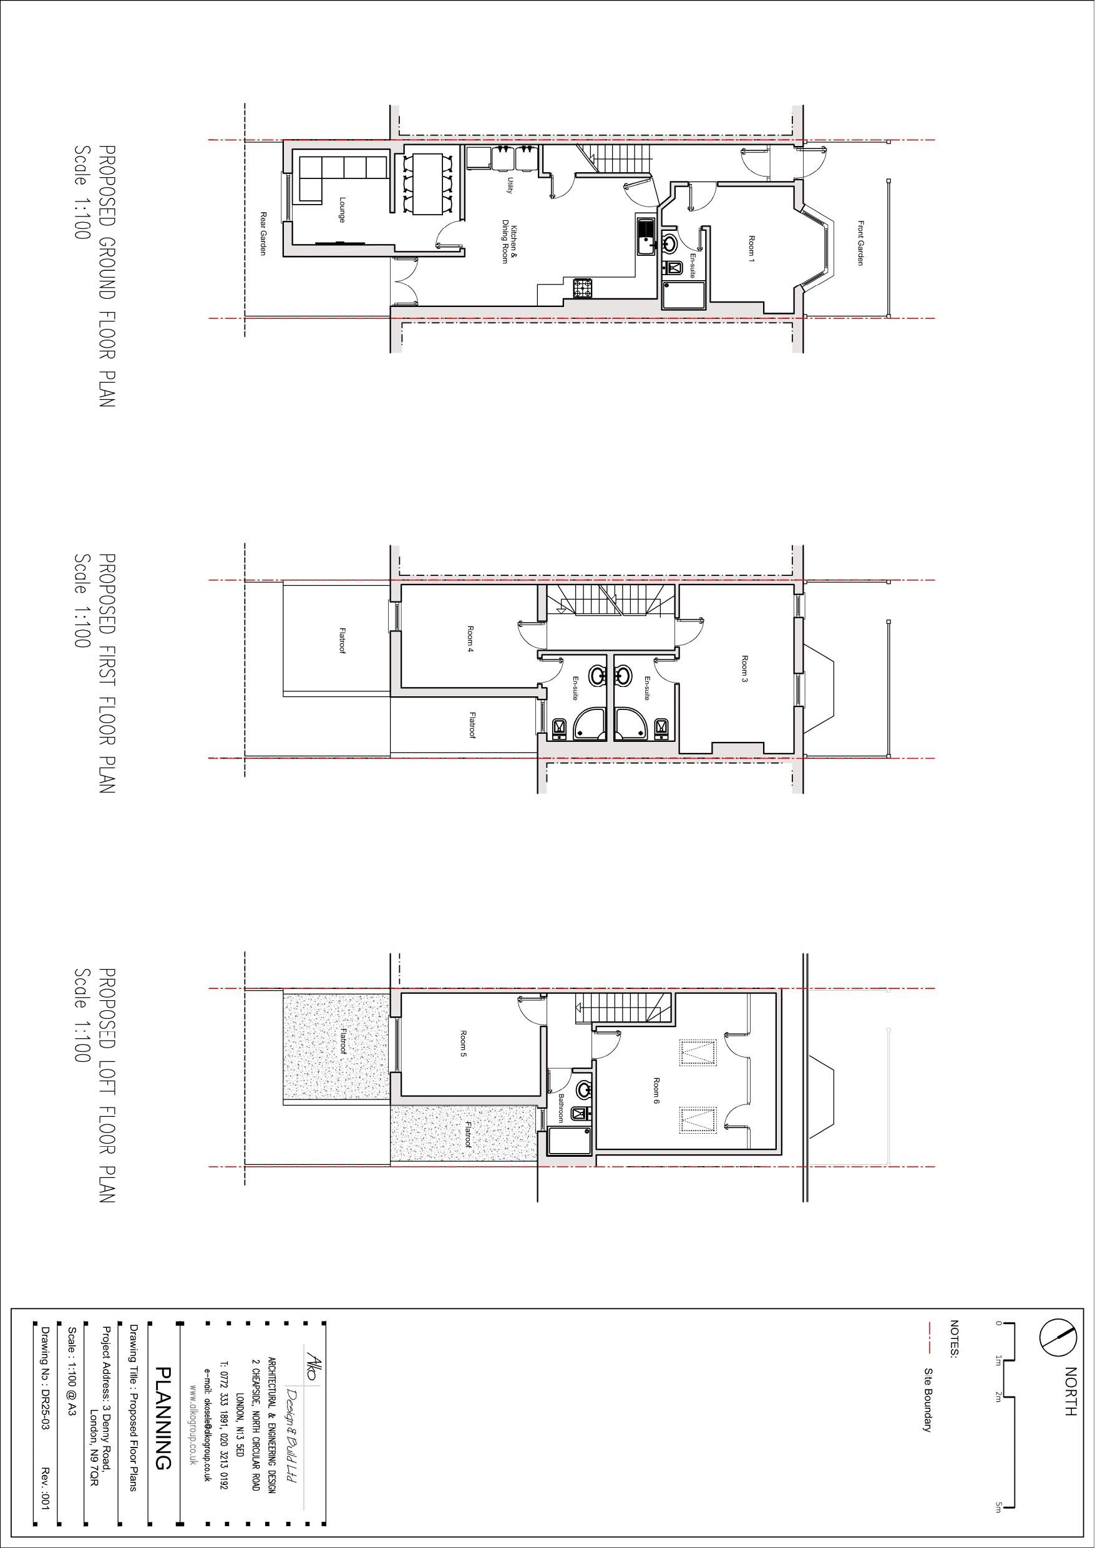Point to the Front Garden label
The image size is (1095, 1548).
point(861,243)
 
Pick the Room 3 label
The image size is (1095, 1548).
point(744,669)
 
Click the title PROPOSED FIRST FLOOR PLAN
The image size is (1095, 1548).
point(107,673)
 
